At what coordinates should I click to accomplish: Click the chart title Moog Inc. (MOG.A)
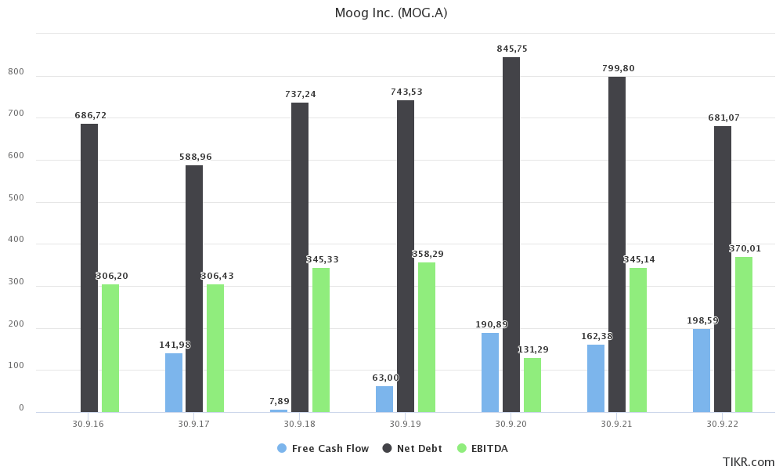point(391,13)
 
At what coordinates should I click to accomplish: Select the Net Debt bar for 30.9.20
point(511,235)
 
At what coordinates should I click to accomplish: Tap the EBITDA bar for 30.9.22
point(744,334)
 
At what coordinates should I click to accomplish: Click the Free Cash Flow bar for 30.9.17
point(174,382)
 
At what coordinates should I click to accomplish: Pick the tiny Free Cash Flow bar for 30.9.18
point(279,410)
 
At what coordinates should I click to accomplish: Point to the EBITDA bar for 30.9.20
point(532,385)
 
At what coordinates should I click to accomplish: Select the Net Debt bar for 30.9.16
point(89,268)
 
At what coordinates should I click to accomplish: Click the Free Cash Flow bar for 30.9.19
point(384,399)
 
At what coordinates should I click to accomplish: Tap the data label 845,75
point(512,49)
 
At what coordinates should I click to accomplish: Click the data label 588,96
point(194,157)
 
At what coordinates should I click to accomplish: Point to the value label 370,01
point(745,248)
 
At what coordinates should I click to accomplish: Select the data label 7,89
point(279,401)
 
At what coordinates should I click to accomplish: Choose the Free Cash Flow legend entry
point(323,448)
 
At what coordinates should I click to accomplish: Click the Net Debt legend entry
point(413,448)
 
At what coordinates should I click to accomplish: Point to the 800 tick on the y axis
point(16,72)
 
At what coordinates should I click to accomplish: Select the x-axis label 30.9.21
point(617,424)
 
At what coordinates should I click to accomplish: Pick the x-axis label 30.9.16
point(88,424)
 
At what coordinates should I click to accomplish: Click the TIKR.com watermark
point(749,462)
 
